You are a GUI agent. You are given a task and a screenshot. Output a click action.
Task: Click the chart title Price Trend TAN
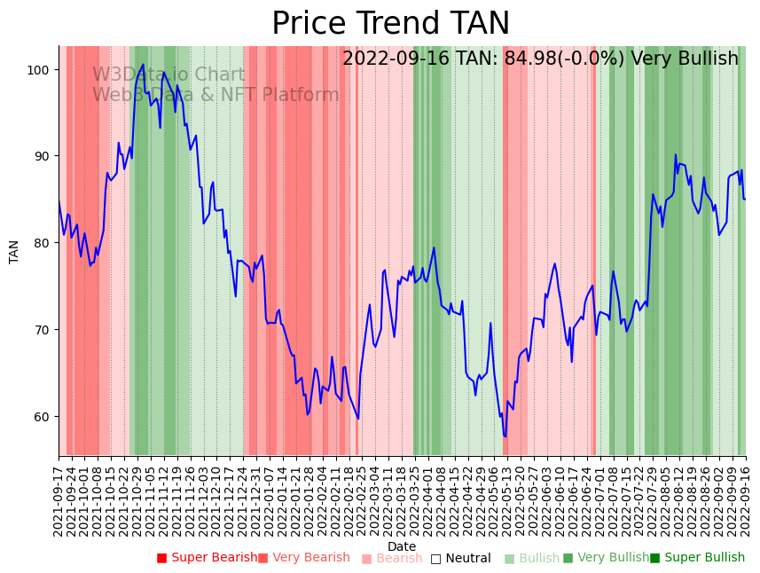tap(390, 24)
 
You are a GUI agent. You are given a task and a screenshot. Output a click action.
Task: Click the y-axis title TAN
tap(14, 251)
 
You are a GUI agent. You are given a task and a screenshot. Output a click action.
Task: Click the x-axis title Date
tap(402, 546)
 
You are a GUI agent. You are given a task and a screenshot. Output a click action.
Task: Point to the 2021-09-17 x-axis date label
tap(59, 499)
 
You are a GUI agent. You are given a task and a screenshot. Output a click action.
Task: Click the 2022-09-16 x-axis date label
tap(746, 499)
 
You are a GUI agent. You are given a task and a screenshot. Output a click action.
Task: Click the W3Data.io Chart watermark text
tap(168, 75)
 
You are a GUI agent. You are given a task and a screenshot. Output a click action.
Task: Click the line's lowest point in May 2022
tap(505, 436)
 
